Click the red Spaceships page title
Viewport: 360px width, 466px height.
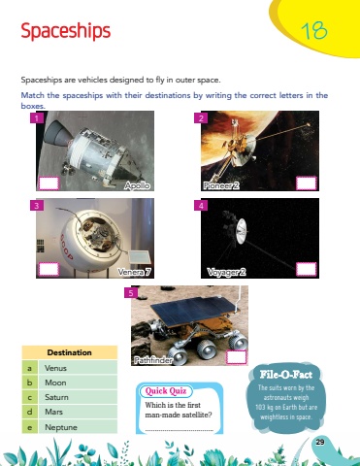[x=66, y=31]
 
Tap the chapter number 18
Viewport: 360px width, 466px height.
[x=314, y=31]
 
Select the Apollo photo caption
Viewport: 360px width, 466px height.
[x=137, y=185]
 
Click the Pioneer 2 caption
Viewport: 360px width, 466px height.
[x=221, y=185]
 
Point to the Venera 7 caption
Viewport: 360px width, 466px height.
[x=134, y=272]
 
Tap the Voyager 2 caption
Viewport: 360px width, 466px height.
[x=226, y=272]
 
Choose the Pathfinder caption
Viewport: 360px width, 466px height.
[x=153, y=360]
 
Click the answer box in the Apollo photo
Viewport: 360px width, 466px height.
[x=49, y=183]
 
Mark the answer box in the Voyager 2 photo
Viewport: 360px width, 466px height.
[x=306, y=269]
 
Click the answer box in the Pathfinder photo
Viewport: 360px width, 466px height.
[x=236, y=357]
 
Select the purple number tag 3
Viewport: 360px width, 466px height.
[x=37, y=206]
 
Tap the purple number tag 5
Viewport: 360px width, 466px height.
[x=131, y=293]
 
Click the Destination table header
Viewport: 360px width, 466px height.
[x=70, y=352]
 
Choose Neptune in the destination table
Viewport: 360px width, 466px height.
[x=61, y=427]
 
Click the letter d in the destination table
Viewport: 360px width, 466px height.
[x=30, y=412]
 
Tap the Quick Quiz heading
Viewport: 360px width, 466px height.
[x=166, y=391]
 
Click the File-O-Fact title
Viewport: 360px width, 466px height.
[x=286, y=375]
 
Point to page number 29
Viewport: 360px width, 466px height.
[x=320, y=442]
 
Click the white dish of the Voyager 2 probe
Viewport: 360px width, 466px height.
[x=242, y=231]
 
